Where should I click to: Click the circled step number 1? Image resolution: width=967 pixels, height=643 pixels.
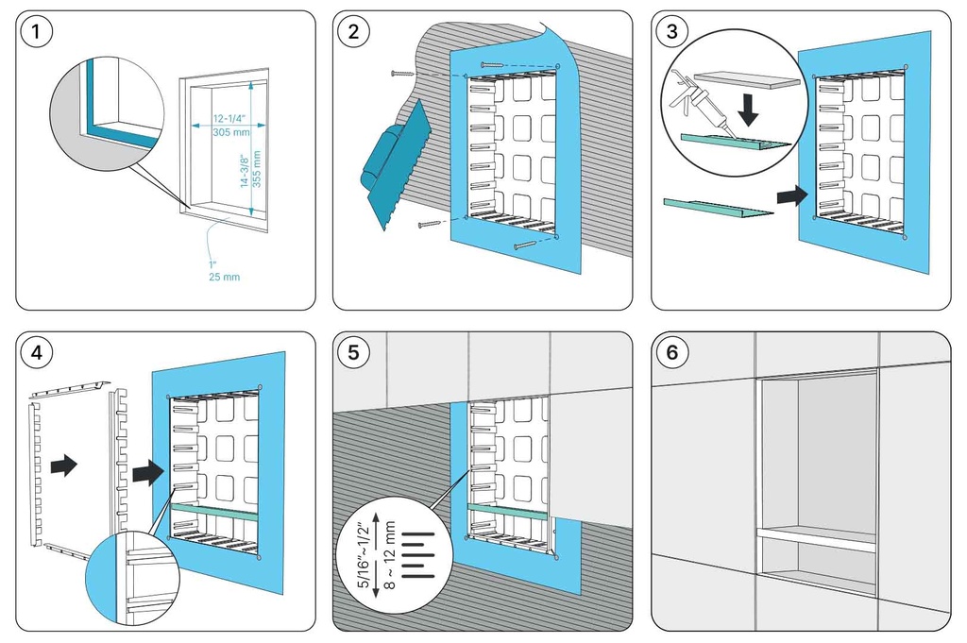37,32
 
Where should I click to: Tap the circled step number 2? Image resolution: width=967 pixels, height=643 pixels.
353,32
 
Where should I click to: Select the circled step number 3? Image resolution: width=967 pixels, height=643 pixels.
671,32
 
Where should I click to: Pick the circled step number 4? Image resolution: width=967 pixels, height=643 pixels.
37,353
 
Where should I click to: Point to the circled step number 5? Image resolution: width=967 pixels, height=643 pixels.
353,353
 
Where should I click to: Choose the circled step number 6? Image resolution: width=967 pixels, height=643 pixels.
671,353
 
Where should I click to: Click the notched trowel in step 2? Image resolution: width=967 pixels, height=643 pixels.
391,170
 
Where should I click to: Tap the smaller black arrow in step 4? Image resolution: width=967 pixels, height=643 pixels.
64,465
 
